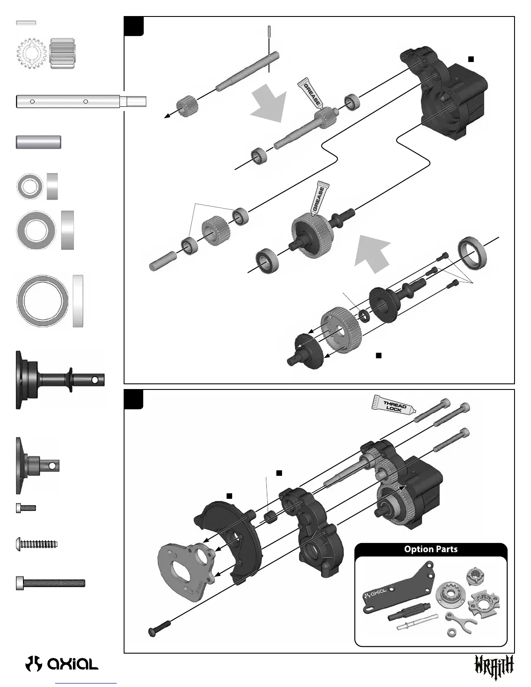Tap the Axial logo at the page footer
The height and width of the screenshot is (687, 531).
click(x=62, y=663)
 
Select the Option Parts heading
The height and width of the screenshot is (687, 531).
click(x=430, y=549)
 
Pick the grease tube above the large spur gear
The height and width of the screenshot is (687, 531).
click(x=318, y=197)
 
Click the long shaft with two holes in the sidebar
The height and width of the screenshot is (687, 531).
click(x=81, y=101)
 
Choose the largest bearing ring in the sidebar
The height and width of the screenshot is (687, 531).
click(x=42, y=300)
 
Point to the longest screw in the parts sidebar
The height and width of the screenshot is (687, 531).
click(x=50, y=582)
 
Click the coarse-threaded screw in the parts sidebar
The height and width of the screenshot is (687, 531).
click(x=37, y=543)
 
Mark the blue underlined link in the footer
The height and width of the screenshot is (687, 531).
click(x=86, y=683)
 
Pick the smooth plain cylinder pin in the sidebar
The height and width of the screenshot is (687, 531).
click(x=38, y=142)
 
